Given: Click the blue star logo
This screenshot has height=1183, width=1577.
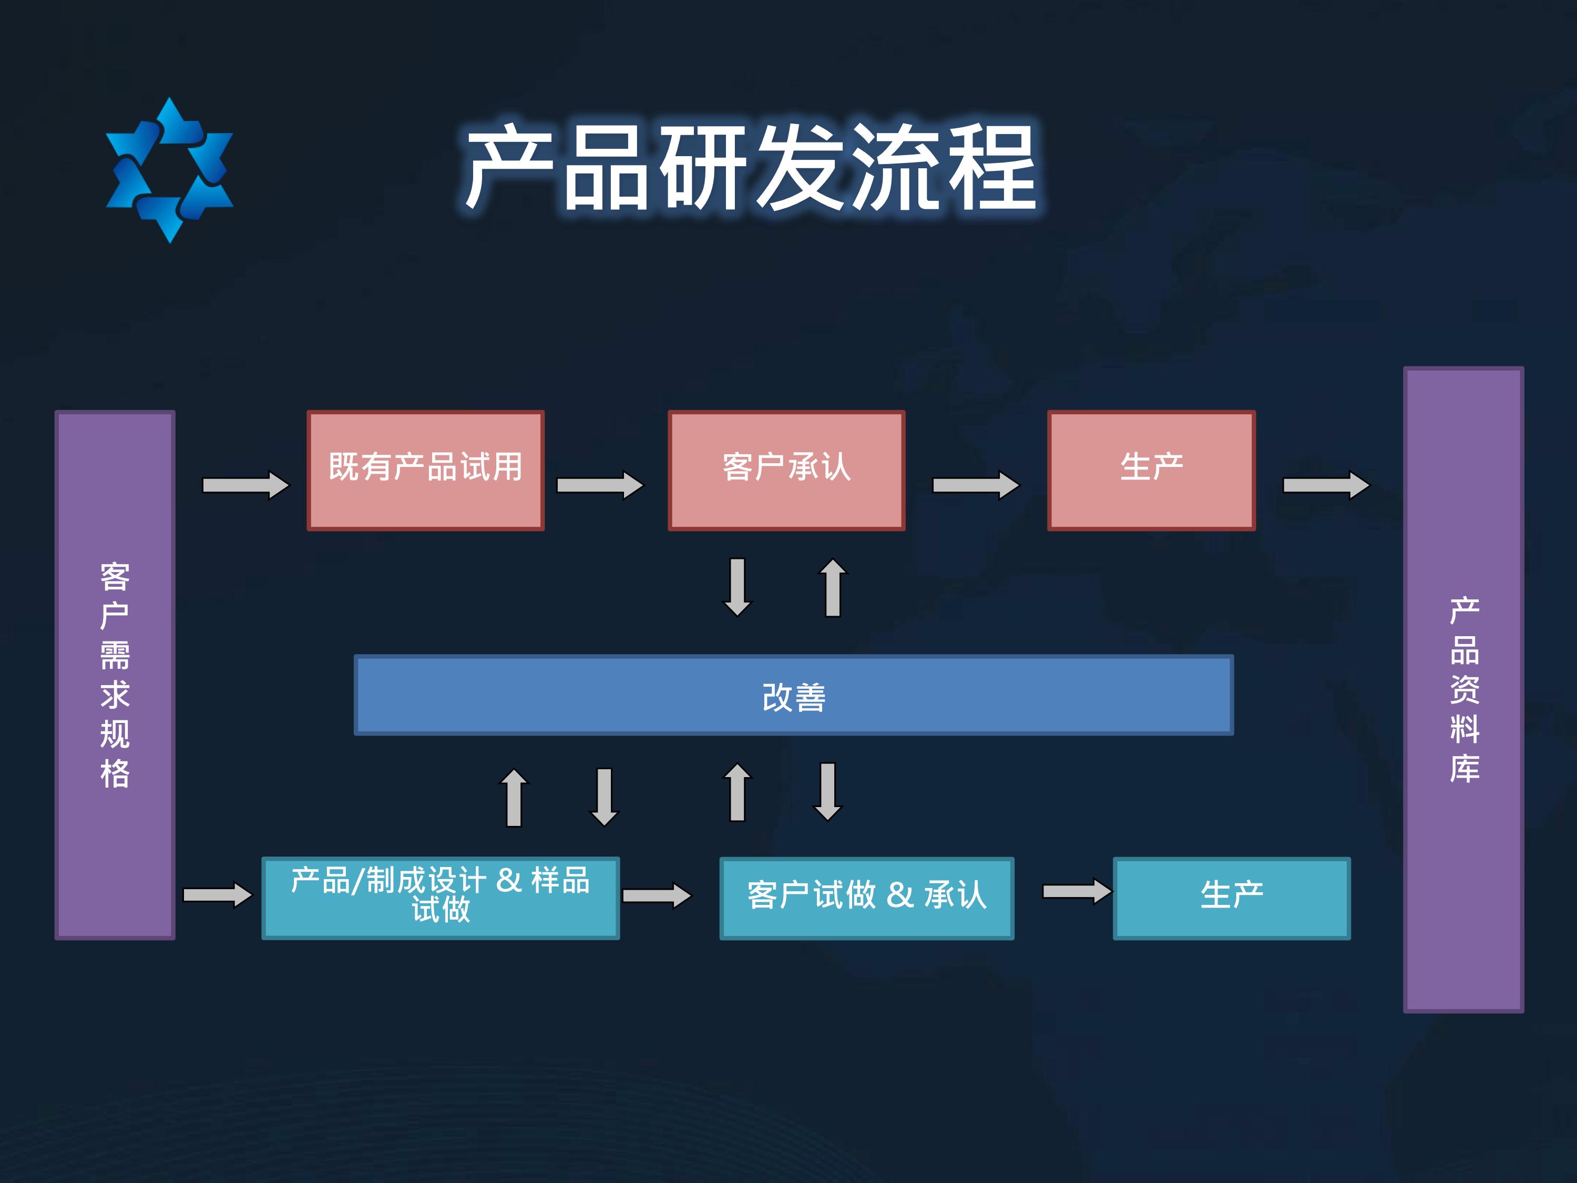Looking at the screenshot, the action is [x=170, y=170].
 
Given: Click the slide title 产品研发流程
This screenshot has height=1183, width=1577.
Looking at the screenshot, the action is [x=751, y=168].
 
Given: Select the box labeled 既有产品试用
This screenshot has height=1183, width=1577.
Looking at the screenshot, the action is [x=426, y=470].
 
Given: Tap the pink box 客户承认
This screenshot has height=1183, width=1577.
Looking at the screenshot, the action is [x=786, y=470].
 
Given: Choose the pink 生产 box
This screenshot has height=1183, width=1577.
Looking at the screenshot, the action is [x=1151, y=470].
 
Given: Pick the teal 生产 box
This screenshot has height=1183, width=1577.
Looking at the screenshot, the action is [x=1232, y=898].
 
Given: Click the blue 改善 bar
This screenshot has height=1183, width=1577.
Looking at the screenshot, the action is [x=793, y=695].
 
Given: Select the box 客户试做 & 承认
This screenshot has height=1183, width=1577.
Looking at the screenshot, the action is [x=867, y=898].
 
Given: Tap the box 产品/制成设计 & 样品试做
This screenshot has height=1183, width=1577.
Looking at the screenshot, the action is [x=441, y=898].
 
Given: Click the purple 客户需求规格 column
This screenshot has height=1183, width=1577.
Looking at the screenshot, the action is [x=115, y=675].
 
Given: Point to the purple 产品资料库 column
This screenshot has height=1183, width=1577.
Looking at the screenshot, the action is [x=1463, y=689].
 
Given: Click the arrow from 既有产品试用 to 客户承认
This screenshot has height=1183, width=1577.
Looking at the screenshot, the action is [x=600, y=486].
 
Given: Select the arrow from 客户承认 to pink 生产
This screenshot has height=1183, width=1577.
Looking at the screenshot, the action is [x=977, y=486].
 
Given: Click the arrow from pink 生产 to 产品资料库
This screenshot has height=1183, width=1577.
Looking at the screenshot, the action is [x=1327, y=486].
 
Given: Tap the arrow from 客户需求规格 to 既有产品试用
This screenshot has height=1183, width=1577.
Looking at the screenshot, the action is [x=246, y=486].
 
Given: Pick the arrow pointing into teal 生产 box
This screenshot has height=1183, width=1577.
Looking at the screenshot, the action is [x=1077, y=891].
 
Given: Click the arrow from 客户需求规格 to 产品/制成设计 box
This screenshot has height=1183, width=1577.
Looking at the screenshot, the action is [x=218, y=895].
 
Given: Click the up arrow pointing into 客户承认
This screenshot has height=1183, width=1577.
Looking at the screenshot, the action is [x=833, y=587].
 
